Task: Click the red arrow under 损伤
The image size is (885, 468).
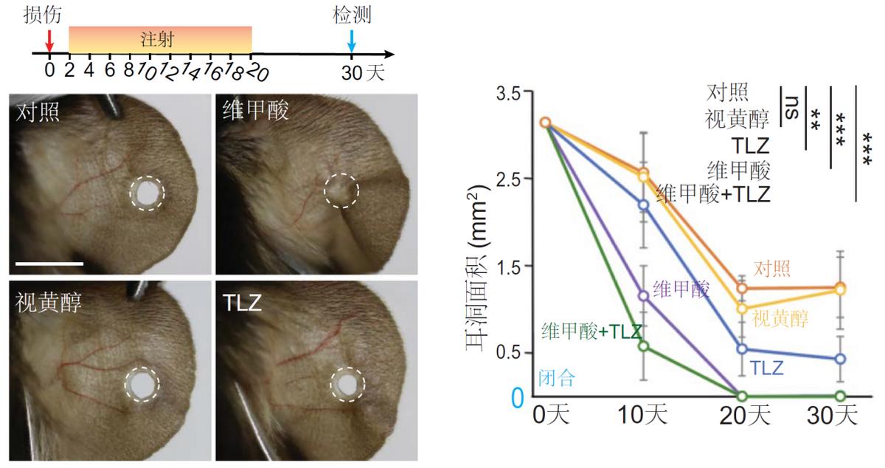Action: click(49, 38)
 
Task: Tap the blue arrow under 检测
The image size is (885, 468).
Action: click(352, 38)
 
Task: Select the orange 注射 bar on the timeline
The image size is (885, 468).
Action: click(160, 39)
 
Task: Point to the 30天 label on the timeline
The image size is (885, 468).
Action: click(362, 72)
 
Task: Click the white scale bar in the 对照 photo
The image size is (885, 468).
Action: click(46, 262)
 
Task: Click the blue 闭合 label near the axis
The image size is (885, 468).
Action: click(557, 379)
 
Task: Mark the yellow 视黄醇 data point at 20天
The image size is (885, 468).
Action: click(742, 309)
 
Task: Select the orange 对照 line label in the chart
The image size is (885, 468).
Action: click(771, 268)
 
